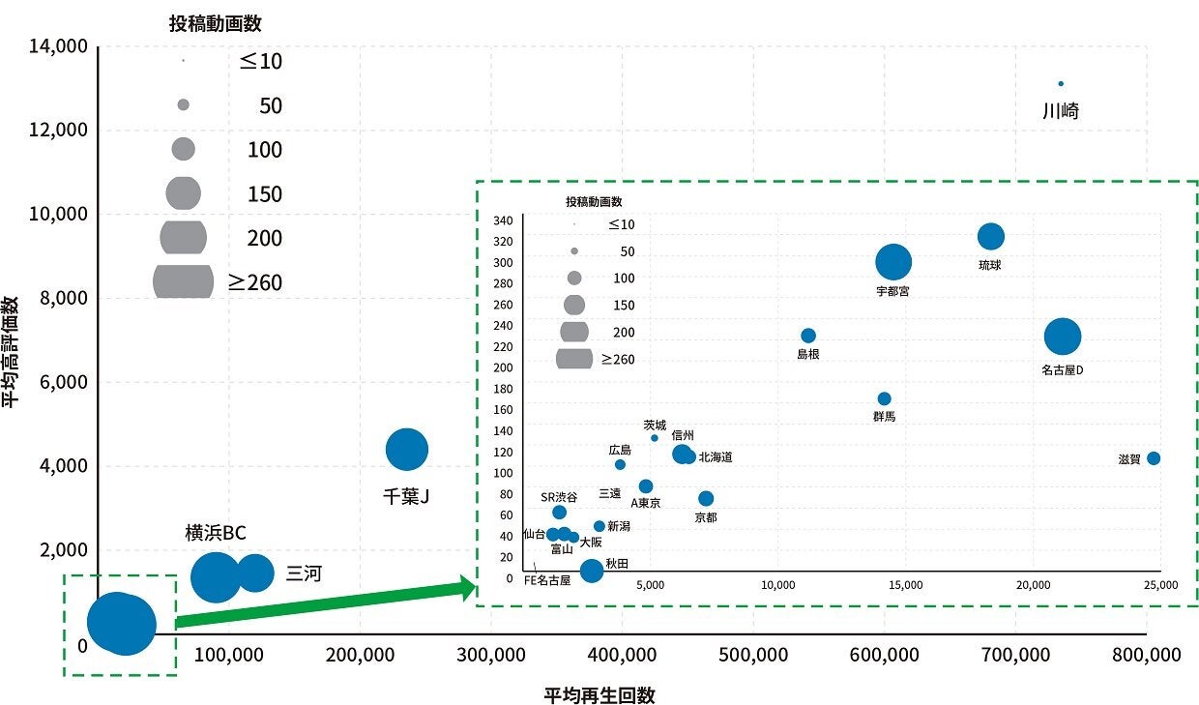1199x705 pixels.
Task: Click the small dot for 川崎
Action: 1061,84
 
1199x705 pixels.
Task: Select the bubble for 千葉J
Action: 407,449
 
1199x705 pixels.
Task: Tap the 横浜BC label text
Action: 216,533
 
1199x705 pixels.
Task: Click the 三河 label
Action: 304,573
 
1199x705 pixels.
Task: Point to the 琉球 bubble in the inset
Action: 991,236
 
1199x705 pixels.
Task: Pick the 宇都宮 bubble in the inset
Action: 893,261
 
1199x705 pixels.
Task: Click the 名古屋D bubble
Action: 1063,337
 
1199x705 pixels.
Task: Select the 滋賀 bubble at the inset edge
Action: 1153,458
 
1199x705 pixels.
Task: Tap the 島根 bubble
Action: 808,336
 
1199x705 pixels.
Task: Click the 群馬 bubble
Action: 884,398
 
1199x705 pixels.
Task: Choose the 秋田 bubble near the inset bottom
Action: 591,571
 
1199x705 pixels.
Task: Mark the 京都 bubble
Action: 706,499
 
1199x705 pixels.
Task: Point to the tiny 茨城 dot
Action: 655,438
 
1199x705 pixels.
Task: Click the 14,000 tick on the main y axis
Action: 60,46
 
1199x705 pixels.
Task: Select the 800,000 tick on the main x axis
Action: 1147,655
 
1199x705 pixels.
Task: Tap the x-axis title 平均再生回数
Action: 599,695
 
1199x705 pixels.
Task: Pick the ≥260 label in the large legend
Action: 255,282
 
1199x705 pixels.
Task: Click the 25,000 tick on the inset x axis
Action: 1160,585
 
